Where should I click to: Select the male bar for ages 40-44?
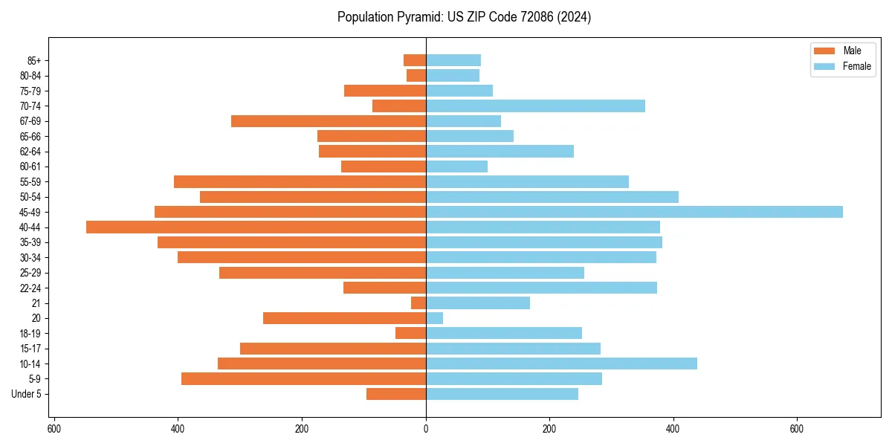click(x=256, y=227)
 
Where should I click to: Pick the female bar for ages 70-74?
click(x=535, y=106)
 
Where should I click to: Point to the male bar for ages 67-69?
click(x=329, y=121)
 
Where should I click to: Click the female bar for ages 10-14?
click(x=561, y=363)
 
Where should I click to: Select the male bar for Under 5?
click(x=396, y=394)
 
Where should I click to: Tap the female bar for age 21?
click(x=478, y=303)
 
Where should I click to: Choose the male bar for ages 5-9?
click(x=303, y=379)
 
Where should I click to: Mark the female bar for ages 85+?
click(x=453, y=60)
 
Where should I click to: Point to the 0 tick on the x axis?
click(x=426, y=429)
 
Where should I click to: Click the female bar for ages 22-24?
click(x=541, y=288)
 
